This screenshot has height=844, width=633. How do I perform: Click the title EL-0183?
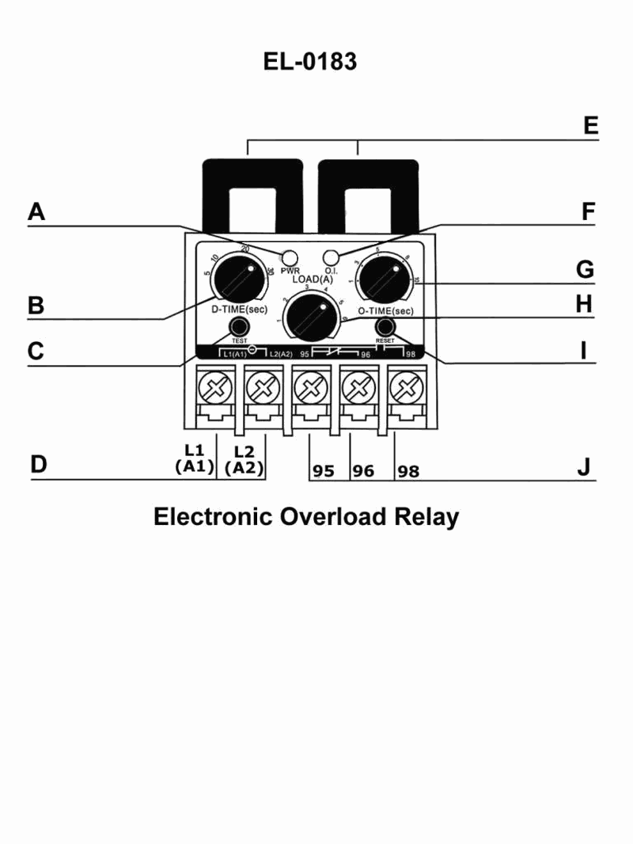point(310,62)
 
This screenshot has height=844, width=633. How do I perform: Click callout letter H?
point(584,304)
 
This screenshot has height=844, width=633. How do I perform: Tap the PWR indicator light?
point(290,257)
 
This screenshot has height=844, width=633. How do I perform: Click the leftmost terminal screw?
point(215,389)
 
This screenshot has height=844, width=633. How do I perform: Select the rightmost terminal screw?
point(405,389)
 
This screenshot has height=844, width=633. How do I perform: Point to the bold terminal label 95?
point(323,471)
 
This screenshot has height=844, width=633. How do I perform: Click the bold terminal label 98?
point(408,471)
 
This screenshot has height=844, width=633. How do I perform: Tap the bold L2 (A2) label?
point(244,459)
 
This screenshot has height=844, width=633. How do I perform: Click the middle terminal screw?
point(310,389)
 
